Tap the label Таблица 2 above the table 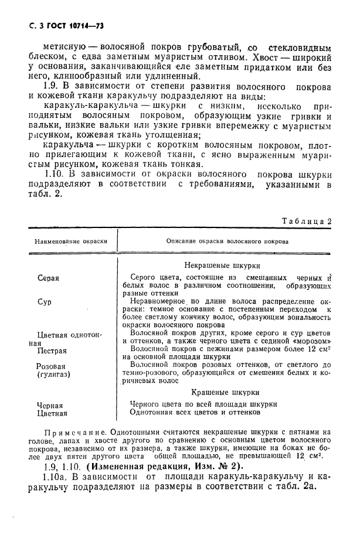[x=307, y=221]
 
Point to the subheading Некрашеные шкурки [x=214, y=265]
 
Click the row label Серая [x=48, y=278]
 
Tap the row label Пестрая [x=52, y=351]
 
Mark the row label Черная [x=50, y=405]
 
